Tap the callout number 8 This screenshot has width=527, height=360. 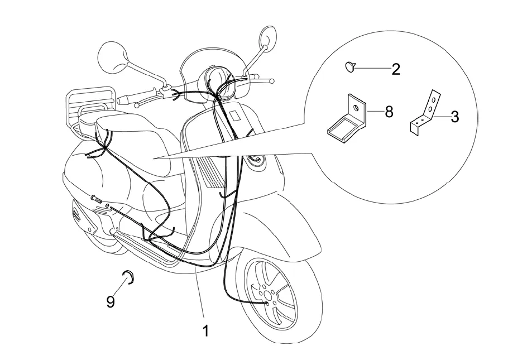[389, 112]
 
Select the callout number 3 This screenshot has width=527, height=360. [455, 117]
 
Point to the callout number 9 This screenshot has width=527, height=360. [111, 302]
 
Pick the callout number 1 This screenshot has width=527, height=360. [205, 331]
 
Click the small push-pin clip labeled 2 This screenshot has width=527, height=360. [350, 67]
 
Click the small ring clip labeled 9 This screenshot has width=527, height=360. [128, 276]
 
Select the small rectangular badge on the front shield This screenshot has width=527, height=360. [235, 117]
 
